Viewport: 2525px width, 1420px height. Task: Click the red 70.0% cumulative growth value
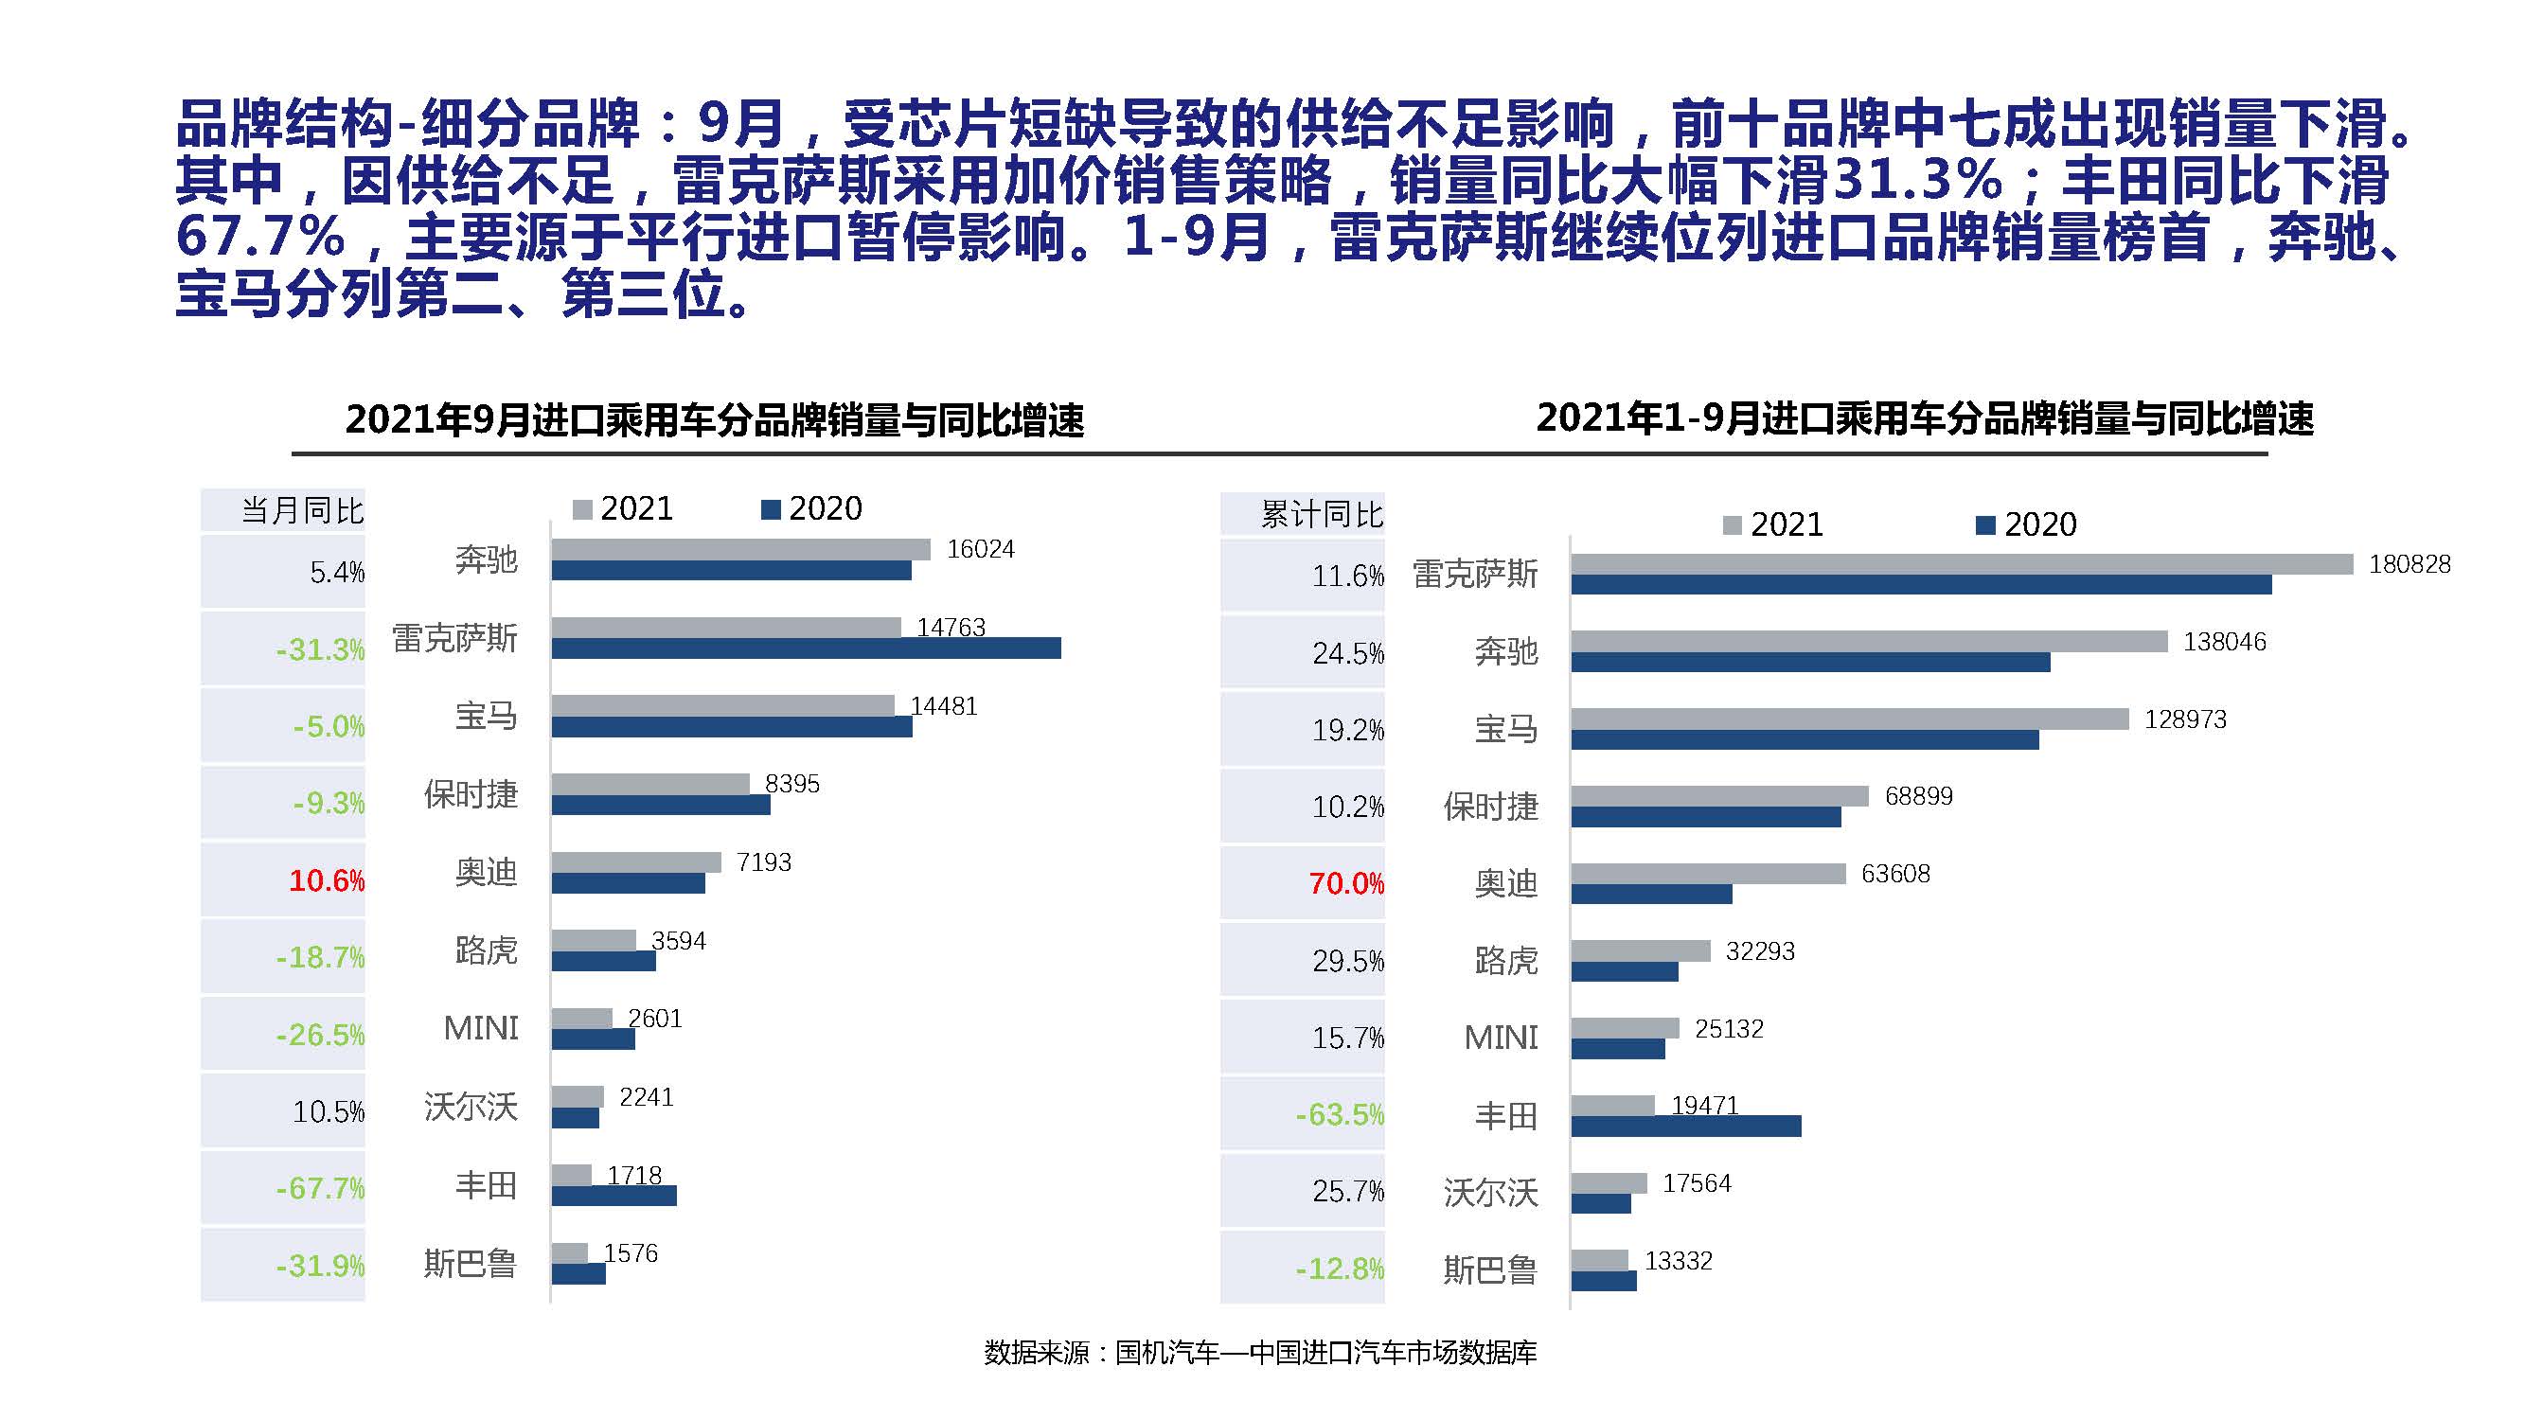tap(1346, 884)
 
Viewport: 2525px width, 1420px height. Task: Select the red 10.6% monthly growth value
tap(327, 880)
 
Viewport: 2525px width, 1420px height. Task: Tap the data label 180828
tap(2409, 564)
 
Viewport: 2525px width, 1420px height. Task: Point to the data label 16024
tap(980, 550)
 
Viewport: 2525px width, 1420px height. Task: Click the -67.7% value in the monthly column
tap(320, 1189)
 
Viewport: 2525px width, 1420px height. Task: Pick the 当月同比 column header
tap(302, 510)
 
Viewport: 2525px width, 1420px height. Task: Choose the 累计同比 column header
tap(1322, 514)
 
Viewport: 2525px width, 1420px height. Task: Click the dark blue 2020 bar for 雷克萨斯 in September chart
tap(806, 648)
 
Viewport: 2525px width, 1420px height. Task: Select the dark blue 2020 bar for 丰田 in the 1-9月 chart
tap(1686, 1127)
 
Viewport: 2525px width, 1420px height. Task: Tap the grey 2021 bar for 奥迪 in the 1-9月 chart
tap(1708, 873)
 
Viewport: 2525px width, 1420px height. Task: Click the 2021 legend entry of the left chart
tap(623, 508)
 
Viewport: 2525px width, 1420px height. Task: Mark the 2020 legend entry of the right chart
tap(2026, 525)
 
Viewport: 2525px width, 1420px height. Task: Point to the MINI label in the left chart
tap(480, 1028)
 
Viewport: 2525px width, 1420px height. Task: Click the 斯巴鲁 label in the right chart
tap(1490, 1270)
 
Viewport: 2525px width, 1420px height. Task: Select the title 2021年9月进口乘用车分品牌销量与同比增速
tap(715, 420)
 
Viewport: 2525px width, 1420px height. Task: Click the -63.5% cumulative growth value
tap(1339, 1115)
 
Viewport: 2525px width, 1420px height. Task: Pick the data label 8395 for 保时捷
tap(792, 784)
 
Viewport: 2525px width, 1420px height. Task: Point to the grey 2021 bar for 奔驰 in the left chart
tap(740, 550)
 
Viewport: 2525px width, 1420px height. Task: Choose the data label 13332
tap(1678, 1261)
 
